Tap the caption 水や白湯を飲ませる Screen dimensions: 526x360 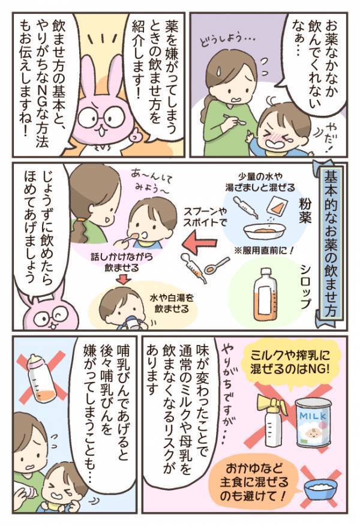(x=166, y=303)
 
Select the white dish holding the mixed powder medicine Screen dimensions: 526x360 (x=264, y=229)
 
